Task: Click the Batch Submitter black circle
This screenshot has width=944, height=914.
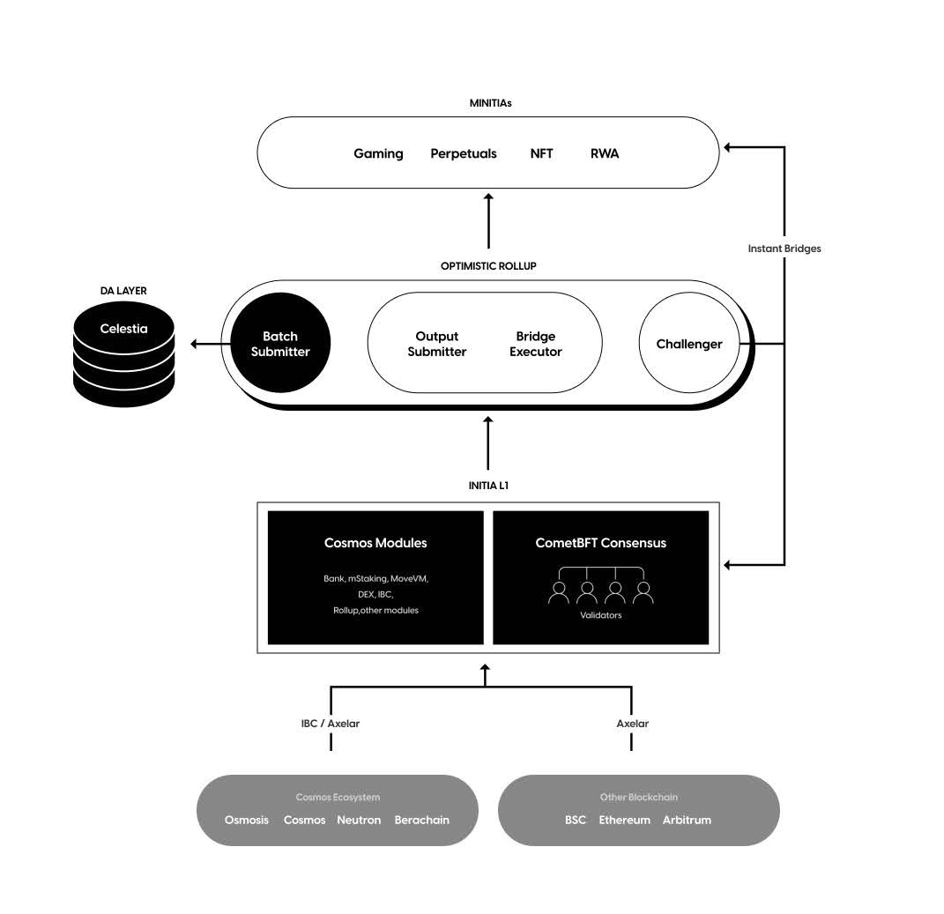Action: tap(280, 344)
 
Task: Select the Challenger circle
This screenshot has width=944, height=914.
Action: tap(688, 344)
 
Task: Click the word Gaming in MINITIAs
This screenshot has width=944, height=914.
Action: tap(378, 153)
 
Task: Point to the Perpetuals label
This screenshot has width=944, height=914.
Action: tap(463, 153)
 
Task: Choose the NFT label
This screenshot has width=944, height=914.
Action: tap(541, 153)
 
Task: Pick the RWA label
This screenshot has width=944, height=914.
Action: tap(605, 153)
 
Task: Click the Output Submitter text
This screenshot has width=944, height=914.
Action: tap(436, 344)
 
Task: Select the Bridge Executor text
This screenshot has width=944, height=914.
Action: tap(535, 344)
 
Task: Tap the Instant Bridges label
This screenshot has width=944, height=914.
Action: tap(784, 249)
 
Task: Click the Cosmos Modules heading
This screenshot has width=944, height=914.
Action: tap(375, 543)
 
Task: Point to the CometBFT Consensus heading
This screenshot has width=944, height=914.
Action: tap(600, 543)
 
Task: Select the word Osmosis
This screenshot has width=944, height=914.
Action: tap(247, 820)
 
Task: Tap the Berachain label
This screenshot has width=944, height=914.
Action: tap(421, 820)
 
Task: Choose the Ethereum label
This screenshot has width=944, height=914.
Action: tap(624, 820)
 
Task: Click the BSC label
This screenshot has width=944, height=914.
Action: tap(575, 820)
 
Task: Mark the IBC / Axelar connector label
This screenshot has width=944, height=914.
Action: tap(330, 724)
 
